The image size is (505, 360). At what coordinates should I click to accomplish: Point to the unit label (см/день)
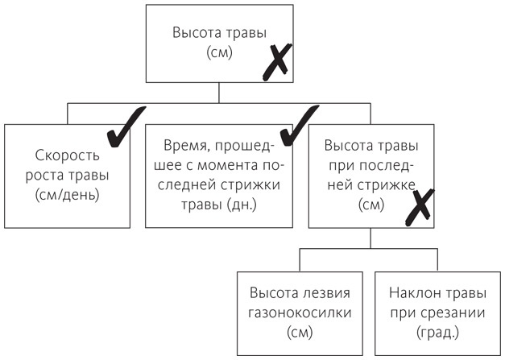66,194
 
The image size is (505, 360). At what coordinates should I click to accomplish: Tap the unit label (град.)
437,331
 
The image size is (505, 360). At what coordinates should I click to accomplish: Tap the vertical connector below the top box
218,92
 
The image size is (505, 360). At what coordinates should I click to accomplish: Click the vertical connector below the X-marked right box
369,239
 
